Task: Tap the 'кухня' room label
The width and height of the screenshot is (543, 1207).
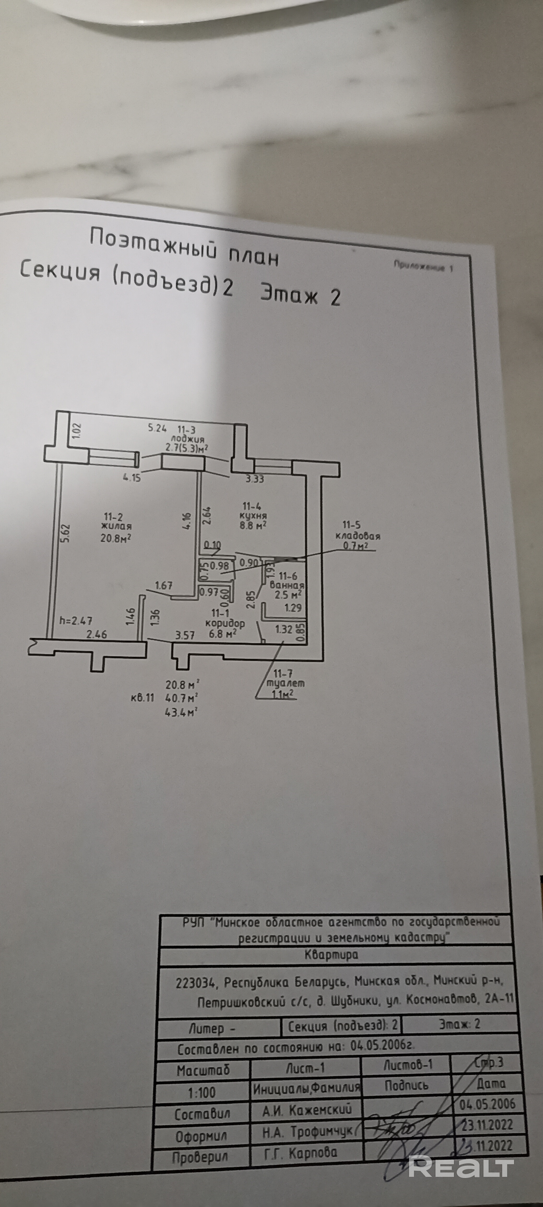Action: pyautogui.click(x=253, y=516)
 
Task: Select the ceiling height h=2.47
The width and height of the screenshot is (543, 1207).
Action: pyautogui.click(x=76, y=621)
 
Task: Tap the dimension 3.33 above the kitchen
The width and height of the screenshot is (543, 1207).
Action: pyautogui.click(x=255, y=479)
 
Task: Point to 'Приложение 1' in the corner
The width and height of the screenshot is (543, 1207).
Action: pyautogui.click(x=423, y=266)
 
